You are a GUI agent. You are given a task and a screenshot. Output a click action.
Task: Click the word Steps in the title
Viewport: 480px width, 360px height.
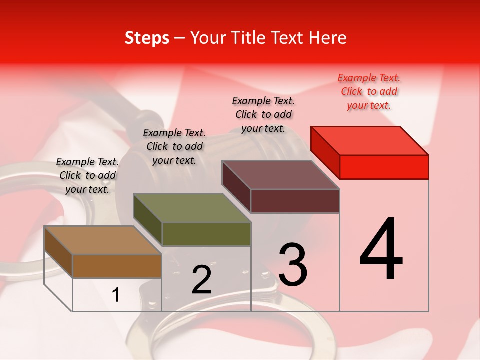point(147,38)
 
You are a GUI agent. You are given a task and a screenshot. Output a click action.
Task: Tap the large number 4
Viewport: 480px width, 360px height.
point(381,249)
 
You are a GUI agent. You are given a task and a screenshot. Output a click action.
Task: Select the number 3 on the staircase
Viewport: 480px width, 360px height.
point(293,264)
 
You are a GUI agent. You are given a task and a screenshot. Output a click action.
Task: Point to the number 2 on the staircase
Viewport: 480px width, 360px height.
point(201,280)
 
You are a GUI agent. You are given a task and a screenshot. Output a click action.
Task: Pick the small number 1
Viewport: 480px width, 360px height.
point(116,295)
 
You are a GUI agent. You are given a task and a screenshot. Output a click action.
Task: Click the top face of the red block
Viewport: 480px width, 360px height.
point(370,140)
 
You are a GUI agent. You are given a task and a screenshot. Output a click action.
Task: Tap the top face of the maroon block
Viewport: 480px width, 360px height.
point(281,175)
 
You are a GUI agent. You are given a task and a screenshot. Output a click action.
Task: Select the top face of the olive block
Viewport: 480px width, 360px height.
point(192,208)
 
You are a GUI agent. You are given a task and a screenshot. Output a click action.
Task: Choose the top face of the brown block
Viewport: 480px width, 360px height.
point(103,240)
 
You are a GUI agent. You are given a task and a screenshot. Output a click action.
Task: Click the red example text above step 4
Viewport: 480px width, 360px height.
point(369,91)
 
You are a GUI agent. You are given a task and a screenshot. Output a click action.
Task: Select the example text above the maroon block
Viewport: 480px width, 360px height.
point(263,114)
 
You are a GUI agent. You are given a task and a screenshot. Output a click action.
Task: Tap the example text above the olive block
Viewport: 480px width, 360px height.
point(174,146)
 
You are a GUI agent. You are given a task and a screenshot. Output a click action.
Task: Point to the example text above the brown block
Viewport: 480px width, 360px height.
point(87,175)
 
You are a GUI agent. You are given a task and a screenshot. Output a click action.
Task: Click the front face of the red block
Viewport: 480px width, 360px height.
point(384,167)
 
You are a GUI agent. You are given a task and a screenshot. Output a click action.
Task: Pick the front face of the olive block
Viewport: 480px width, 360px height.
point(206,234)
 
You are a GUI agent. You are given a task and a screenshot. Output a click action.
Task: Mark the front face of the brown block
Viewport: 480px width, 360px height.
point(117,266)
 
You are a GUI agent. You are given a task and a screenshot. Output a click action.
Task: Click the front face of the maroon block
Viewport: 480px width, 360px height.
point(295,201)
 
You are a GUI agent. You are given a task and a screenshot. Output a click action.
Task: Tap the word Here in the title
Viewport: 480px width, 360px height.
point(327,38)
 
